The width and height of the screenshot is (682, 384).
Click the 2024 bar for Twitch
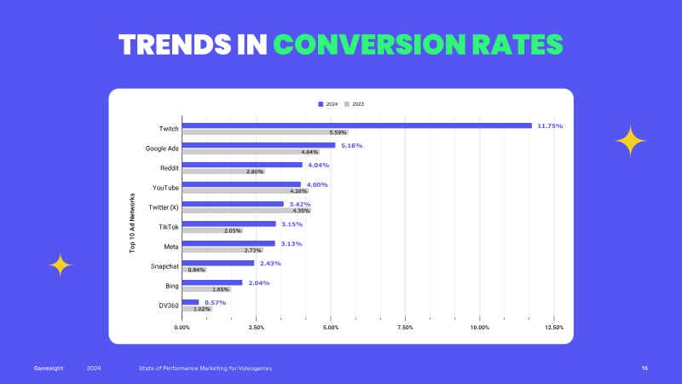356,125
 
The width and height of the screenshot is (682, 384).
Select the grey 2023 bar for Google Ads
251,152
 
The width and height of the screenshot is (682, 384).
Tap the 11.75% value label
550,125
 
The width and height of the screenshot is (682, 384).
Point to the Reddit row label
169,168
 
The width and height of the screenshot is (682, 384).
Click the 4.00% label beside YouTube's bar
317,184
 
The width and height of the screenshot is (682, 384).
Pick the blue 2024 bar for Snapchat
218,263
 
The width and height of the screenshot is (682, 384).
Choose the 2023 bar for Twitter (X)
246,211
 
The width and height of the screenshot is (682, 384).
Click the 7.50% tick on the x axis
405,328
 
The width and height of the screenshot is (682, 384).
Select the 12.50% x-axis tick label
553,328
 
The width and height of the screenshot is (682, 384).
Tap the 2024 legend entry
328,104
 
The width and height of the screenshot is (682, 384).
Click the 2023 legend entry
354,104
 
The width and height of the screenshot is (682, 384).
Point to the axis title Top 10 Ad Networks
132,223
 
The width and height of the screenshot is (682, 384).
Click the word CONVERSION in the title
370,44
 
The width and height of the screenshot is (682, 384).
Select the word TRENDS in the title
175,44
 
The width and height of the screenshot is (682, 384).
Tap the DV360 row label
169,305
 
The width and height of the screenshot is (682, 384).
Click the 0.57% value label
216,303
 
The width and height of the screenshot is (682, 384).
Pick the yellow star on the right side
630,141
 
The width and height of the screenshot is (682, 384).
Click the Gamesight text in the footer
49,369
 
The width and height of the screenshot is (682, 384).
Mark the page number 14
644,369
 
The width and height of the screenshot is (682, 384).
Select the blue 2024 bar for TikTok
228,224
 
